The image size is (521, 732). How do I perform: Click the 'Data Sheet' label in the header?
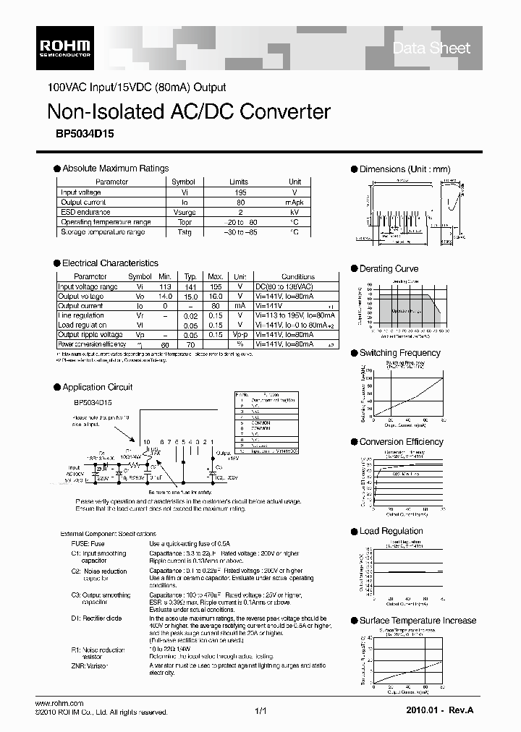(431, 48)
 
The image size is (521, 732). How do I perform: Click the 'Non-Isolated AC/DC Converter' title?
(188, 111)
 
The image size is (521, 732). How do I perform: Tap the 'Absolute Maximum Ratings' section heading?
(115, 169)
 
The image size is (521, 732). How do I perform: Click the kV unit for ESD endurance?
(295, 213)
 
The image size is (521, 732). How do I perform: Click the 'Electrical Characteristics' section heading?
(110, 263)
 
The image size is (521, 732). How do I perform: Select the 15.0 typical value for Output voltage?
(190, 297)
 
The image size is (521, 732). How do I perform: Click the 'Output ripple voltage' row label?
(90, 335)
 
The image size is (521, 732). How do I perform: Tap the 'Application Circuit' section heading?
(97, 387)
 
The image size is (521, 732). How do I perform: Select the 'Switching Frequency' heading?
(399, 353)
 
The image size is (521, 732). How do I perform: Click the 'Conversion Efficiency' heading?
(401, 442)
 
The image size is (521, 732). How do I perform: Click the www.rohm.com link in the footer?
(59, 703)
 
